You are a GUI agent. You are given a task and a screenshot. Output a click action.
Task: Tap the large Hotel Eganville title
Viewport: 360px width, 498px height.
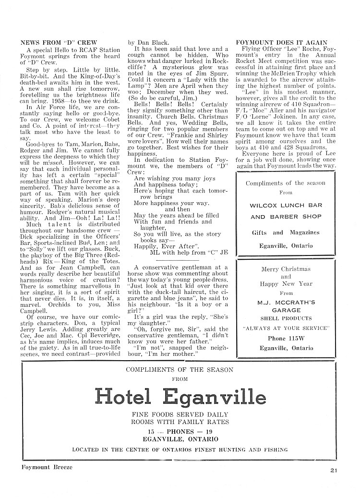pyautogui.click(x=180, y=397)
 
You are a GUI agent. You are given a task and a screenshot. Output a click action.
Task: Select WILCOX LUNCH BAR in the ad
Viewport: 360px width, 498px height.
pyautogui.click(x=286, y=205)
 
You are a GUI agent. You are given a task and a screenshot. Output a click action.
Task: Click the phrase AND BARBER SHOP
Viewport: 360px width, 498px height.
pyautogui.click(x=286, y=217)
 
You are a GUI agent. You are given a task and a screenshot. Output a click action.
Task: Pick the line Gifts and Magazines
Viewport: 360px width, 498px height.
pyautogui.click(x=286, y=232)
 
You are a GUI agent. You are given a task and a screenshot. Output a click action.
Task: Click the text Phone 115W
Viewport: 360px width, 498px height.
pyautogui.click(x=286, y=338)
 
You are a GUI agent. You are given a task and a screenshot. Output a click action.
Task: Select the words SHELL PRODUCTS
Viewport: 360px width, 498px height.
pyautogui.click(x=286, y=317)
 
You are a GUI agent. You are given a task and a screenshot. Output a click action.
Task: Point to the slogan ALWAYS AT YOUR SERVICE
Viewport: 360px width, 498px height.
pyautogui.click(x=286, y=328)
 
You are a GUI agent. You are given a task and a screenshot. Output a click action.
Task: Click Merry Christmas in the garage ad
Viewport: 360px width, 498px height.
pyautogui.click(x=286, y=269)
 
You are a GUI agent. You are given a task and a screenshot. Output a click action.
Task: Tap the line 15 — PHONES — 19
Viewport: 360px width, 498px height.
pyautogui.click(x=180, y=431)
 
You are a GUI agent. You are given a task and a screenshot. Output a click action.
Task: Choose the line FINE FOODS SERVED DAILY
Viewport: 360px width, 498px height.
pyautogui.click(x=180, y=414)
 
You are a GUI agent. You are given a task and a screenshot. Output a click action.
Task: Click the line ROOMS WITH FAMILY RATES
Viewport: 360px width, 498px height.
pyautogui.click(x=180, y=422)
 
